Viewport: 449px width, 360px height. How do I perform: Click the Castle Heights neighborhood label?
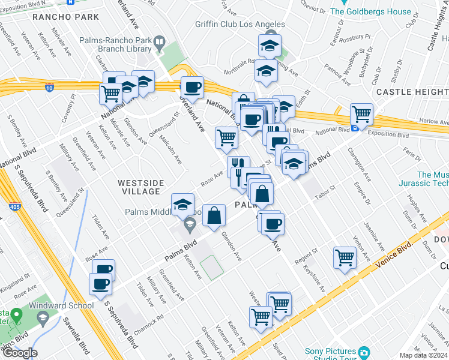(412, 92)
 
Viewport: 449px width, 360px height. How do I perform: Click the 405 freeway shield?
(13, 207)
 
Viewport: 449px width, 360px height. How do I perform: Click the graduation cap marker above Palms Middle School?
(183, 204)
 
